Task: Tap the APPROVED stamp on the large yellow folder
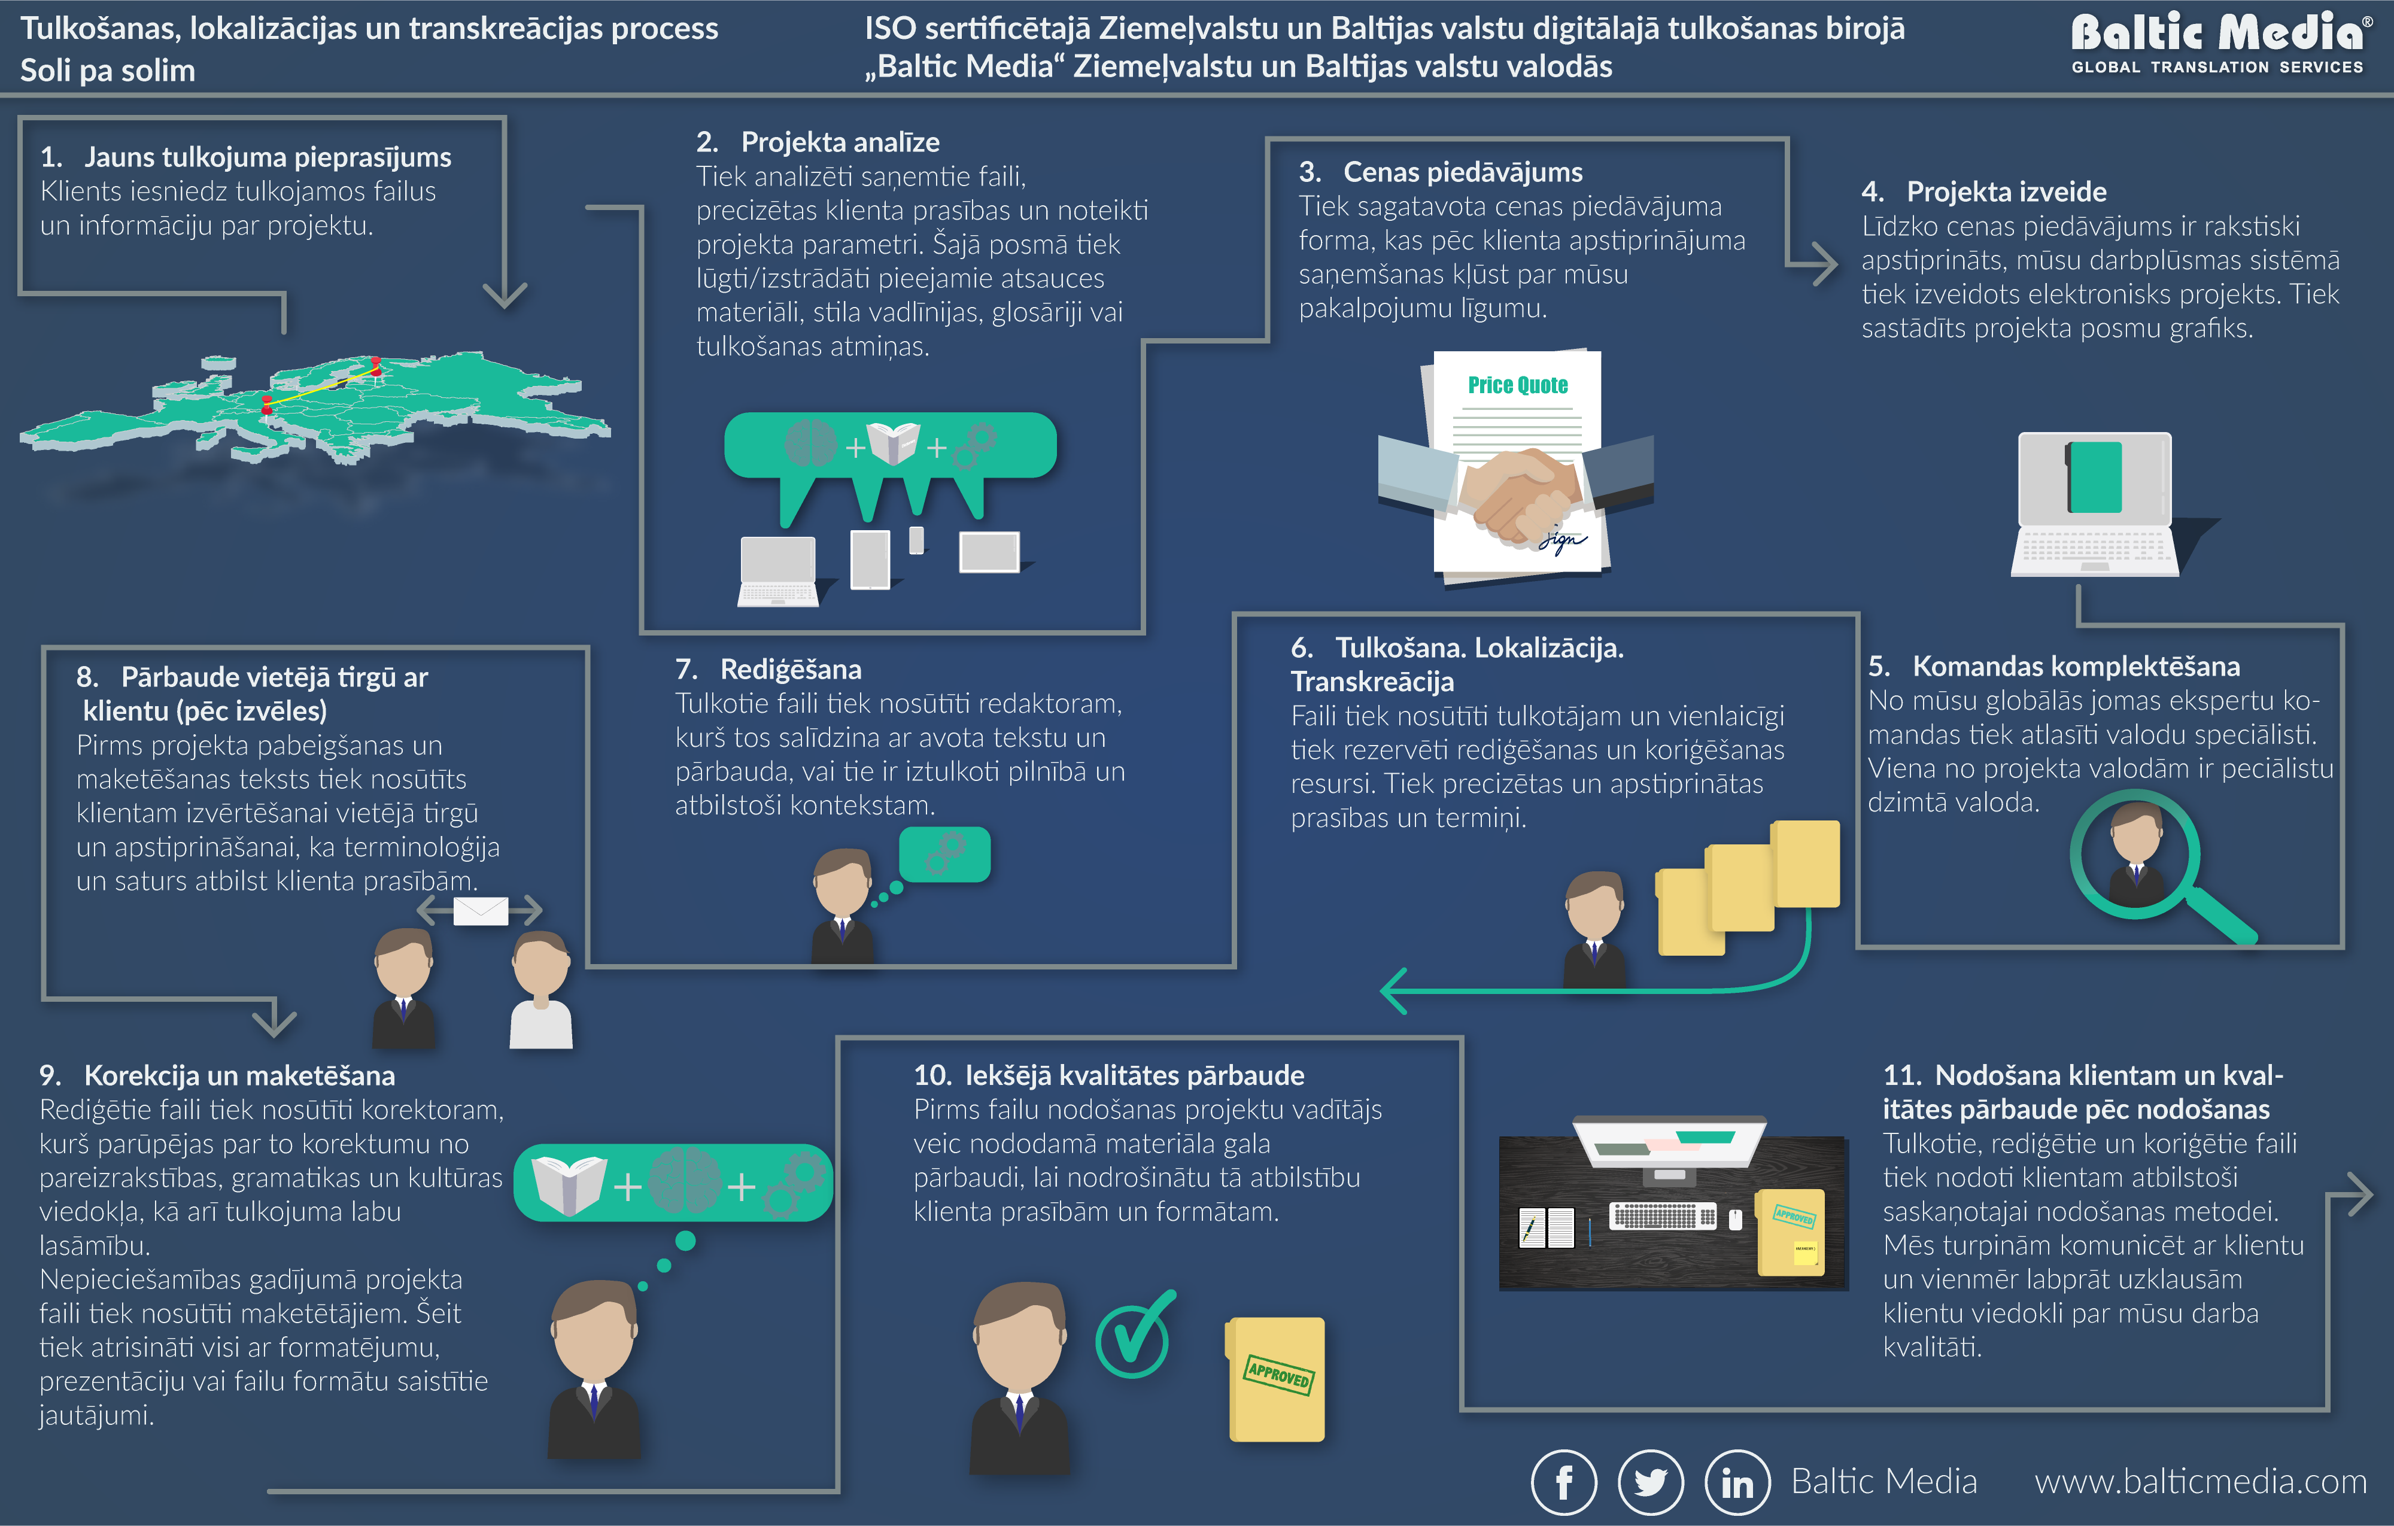point(1278,1374)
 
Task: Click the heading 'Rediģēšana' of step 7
point(791,669)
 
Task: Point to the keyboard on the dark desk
point(1662,1215)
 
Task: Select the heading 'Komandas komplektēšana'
point(2075,666)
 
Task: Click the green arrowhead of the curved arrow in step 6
point(1393,990)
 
